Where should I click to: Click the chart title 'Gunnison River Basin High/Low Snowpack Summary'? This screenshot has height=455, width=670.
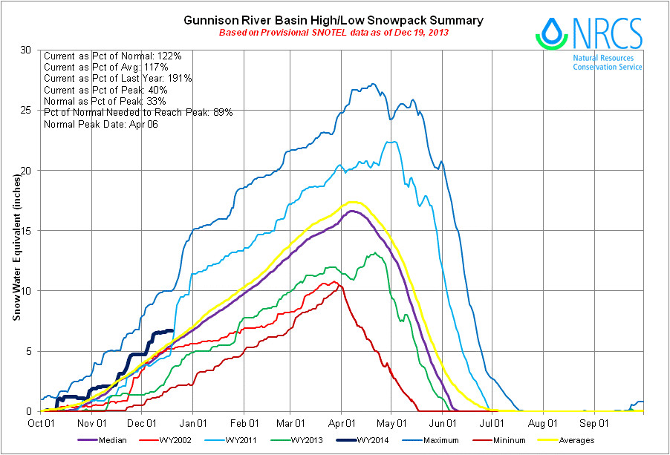[334, 21]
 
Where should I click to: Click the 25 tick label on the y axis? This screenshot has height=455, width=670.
[27, 111]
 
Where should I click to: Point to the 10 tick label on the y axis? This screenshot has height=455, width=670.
[27, 291]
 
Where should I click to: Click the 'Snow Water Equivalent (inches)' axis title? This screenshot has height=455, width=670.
[16, 245]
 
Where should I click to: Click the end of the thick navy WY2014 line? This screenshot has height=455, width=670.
[172, 331]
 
